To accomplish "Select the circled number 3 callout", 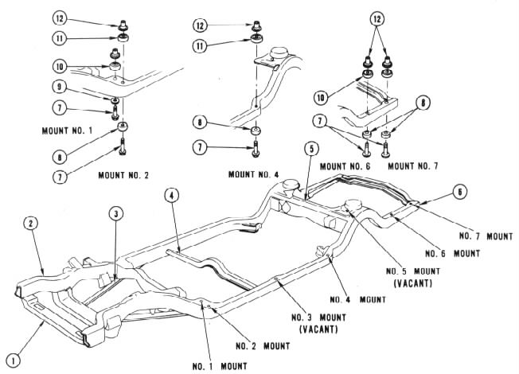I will (117, 212).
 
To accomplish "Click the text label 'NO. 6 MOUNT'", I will (451, 253).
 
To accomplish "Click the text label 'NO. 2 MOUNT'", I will (263, 346).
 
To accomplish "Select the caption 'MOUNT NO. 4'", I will (255, 173).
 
